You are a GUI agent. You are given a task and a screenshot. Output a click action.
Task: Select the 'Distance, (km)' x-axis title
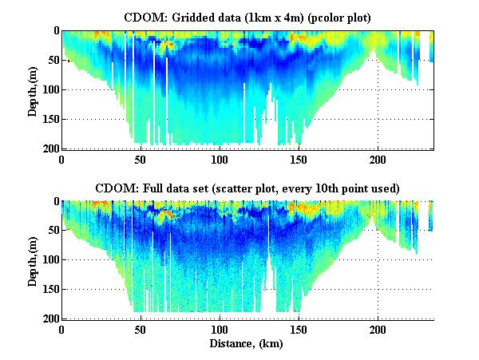247,344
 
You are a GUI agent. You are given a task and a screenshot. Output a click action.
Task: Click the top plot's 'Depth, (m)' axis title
33,89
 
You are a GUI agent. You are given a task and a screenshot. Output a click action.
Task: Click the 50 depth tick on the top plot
52,61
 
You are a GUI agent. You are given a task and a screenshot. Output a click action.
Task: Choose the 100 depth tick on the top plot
49,90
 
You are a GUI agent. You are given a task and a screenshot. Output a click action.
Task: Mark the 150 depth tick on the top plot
49,120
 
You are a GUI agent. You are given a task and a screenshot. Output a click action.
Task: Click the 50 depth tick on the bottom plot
52,231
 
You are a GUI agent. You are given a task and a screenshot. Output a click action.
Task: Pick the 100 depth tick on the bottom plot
49,260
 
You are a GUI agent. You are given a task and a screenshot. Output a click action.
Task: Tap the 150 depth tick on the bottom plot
49,290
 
